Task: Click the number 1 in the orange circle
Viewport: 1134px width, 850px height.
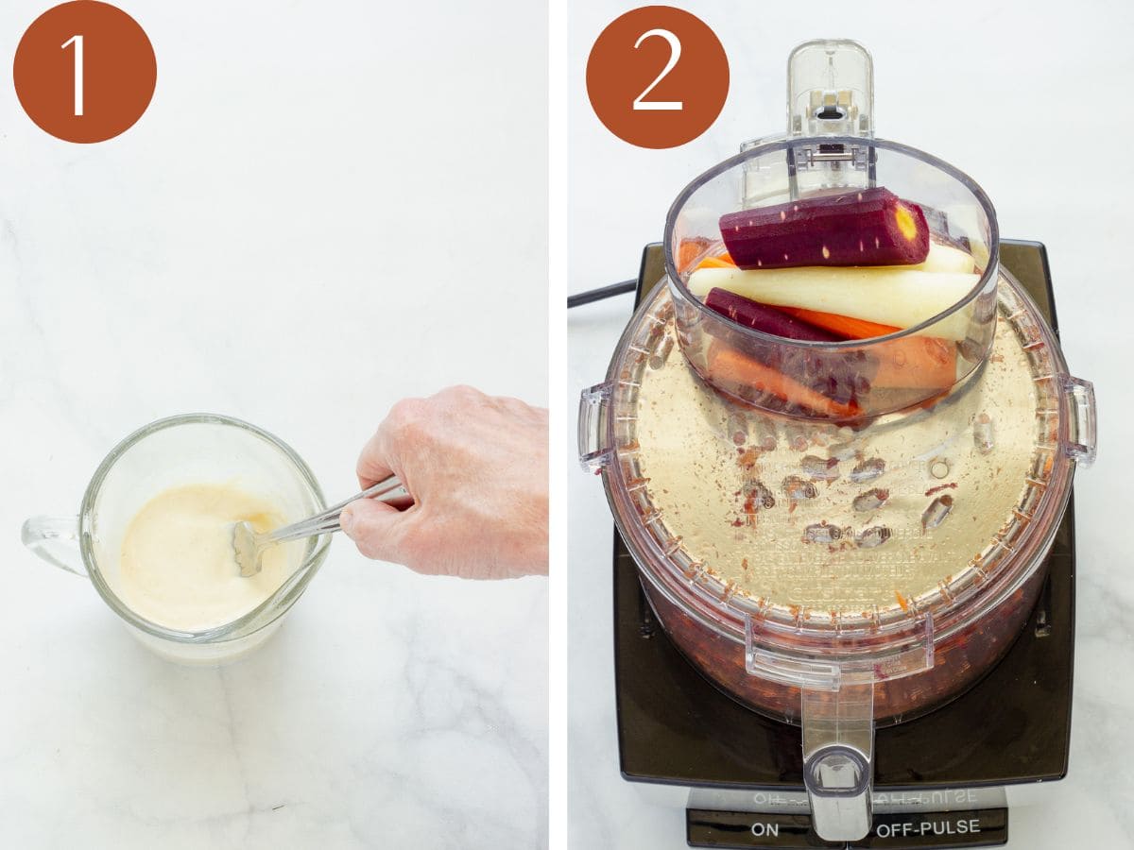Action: click(84, 73)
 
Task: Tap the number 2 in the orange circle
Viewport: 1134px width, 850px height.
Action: click(658, 73)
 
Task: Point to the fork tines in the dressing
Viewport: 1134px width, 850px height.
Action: click(249, 548)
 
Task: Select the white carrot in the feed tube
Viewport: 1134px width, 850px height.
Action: click(832, 296)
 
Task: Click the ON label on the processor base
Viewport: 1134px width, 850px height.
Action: click(765, 829)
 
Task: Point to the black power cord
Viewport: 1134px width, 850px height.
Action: click(601, 293)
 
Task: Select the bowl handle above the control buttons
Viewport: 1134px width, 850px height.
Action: click(837, 746)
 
